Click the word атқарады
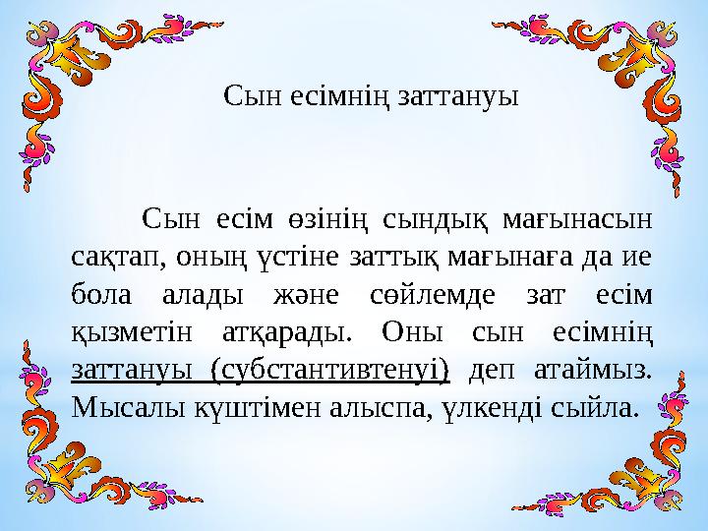pyautogui.click(x=294, y=333)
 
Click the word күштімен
pyautogui.click(x=238, y=407)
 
